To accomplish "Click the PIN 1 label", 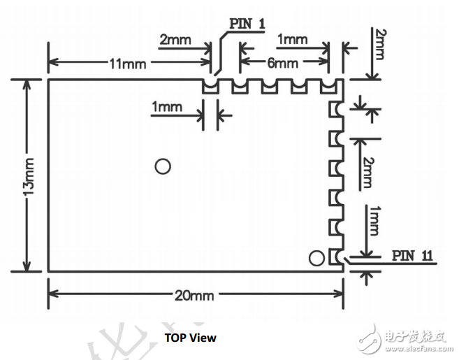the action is pyautogui.click(x=247, y=24).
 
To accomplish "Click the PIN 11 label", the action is pyautogui.click(x=412, y=255).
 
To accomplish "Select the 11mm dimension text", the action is pyautogui.click(x=128, y=64).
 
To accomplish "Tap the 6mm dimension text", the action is pyautogui.click(x=282, y=63).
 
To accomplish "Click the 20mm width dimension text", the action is pyautogui.click(x=194, y=296).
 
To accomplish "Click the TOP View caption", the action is pyautogui.click(x=190, y=338).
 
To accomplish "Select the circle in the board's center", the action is pyautogui.click(x=163, y=166).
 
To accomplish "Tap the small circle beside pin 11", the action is pyautogui.click(x=316, y=258).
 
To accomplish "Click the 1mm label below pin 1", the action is pyautogui.click(x=167, y=107).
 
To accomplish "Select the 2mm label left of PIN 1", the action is pyautogui.click(x=175, y=40).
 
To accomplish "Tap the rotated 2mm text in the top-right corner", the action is pyautogui.click(x=379, y=44).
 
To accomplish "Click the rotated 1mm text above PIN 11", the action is pyautogui.click(x=374, y=221).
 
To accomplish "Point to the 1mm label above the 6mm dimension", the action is pyautogui.click(x=292, y=39).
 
